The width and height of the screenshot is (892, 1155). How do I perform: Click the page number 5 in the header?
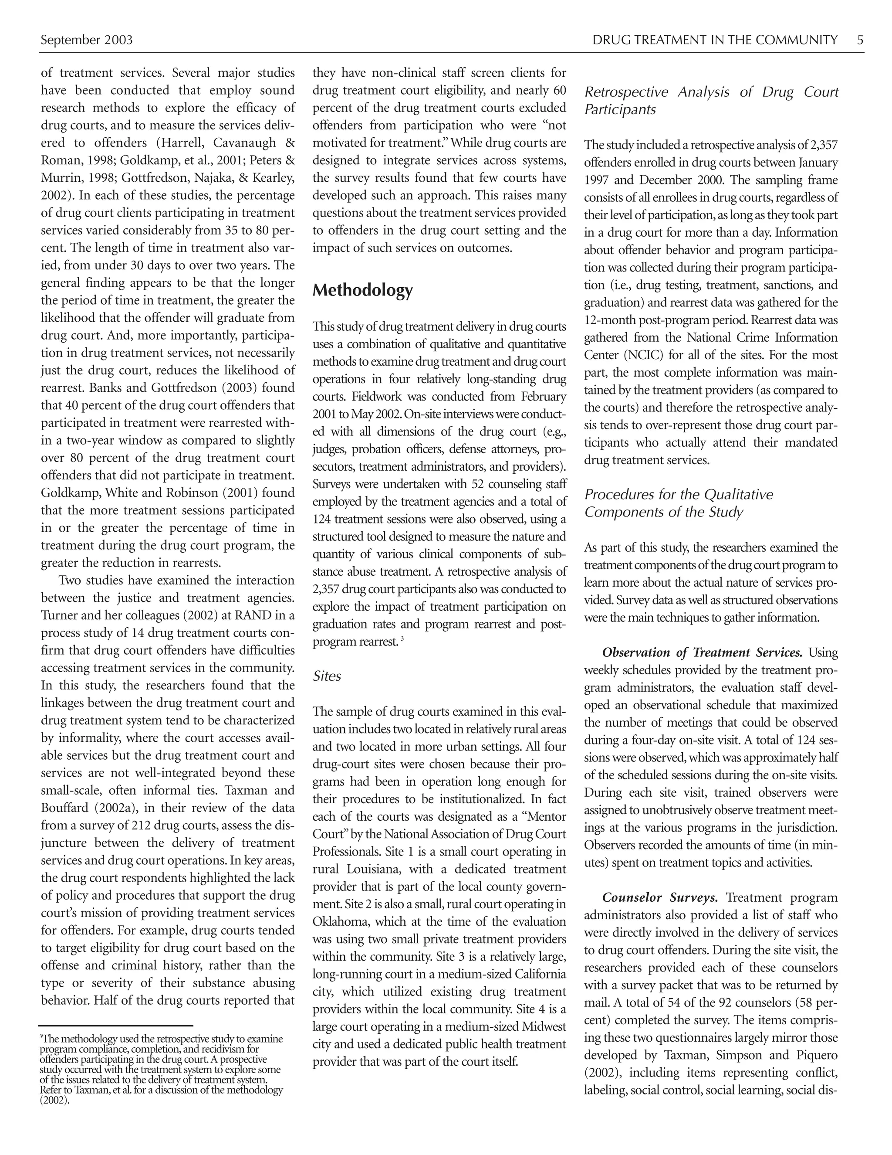click(860, 40)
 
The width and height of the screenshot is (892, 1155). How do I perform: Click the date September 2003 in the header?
click(87, 40)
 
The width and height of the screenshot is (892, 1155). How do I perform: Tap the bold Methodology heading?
click(362, 290)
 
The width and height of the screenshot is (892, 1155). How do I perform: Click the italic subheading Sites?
click(327, 676)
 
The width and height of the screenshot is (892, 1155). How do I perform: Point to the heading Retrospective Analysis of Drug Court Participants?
click(711, 101)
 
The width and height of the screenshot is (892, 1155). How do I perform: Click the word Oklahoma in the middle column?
click(341, 922)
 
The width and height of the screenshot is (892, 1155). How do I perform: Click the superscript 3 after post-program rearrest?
click(402, 639)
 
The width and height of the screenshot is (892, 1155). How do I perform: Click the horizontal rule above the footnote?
click(116, 1026)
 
